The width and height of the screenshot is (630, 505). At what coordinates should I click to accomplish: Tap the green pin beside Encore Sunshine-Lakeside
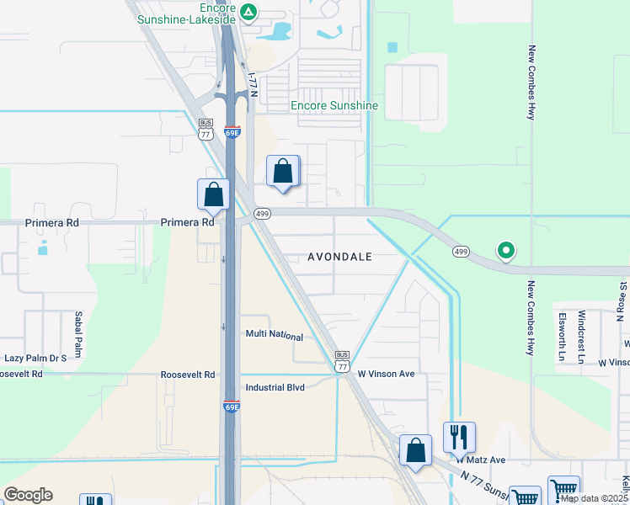point(248,11)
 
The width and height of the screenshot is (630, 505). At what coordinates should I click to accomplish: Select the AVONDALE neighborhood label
point(339,257)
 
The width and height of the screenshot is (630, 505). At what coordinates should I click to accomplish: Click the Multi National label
point(274,335)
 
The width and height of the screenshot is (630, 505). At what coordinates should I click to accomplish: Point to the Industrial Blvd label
point(275,388)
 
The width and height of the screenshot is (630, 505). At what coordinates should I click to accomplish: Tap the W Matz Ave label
point(481,460)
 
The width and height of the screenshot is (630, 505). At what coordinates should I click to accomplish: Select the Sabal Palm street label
point(77,333)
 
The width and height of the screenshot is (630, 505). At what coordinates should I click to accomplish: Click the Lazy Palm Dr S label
point(35,358)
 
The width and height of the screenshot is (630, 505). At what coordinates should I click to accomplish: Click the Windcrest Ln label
point(581,333)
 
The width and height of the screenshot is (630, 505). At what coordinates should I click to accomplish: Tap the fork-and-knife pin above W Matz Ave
point(459,437)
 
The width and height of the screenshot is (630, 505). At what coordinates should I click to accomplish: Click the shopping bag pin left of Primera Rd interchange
point(215,194)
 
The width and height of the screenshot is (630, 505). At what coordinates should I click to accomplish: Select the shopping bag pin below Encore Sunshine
point(284,172)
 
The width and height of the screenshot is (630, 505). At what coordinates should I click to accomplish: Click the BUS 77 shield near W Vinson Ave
point(342,361)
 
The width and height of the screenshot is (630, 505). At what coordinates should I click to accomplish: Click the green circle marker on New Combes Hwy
point(506,250)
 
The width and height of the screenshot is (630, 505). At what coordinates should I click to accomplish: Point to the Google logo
point(29,495)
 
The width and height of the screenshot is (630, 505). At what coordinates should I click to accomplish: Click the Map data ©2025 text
point(594,498)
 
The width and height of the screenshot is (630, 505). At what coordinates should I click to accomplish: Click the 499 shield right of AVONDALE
point(460,251)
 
